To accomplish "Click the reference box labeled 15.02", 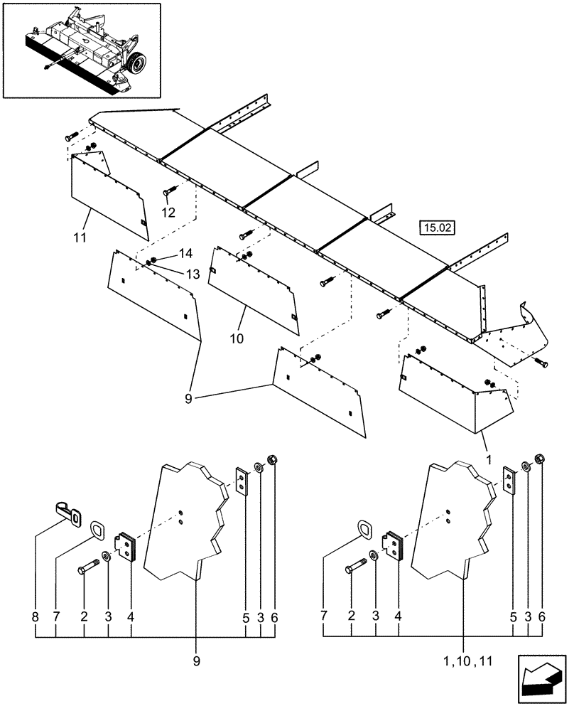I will click(x=437, y=228).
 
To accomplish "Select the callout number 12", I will click(x=167, y=212).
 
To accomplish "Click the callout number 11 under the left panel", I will click(x=80, y=237).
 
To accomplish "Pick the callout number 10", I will click(x=237, y=338).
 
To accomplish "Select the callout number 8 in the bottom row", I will click(x=35, y=619).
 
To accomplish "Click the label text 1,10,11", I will click(x=465, y=661).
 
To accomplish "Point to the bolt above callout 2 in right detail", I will click(x=356, y=567).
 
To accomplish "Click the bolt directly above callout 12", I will click(x=169, y=191).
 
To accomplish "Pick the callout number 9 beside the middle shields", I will click(x=189, y=399).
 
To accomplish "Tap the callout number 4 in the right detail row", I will click(x=398, y=619).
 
